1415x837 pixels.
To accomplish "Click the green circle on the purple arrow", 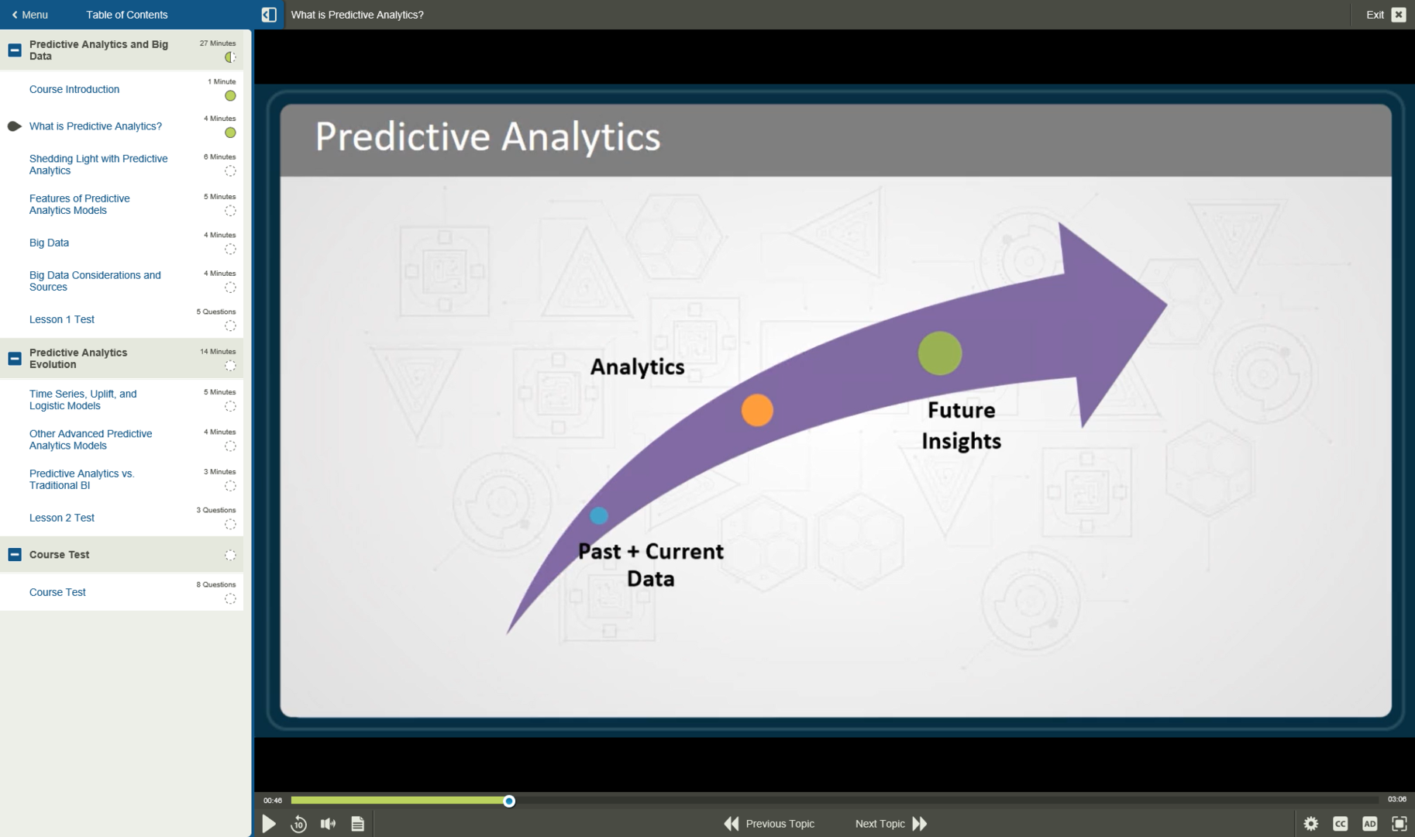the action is click(940, 353).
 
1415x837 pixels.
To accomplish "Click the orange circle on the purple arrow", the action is click(757, 410).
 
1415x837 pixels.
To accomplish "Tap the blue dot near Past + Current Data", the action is click(598, 515).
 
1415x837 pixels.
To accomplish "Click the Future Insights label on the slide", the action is click(961, 425).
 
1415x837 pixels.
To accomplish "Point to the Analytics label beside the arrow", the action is click(637, 367).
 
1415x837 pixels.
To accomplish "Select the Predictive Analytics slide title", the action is click(487, 137).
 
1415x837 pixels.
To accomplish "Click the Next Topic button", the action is click(890, 824).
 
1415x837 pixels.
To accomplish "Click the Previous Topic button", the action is click(769, 824).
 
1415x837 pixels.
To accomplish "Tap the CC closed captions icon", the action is click(1340, 824).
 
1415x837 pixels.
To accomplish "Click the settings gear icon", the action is click(1310, 824).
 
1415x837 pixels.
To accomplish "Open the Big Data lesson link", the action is click(49, 243).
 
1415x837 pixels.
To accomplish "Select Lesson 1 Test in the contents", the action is click(62, 319).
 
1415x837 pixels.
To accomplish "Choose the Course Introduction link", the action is click(74, 89).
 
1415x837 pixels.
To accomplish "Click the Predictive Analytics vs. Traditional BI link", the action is click(81, 479).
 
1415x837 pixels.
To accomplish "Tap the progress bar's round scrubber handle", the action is click(509, 801).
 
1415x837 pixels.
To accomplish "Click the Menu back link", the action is click(29, 15).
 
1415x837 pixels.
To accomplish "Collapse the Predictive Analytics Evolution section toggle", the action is click(15, 359).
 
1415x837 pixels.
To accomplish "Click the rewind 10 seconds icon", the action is click(298, 824).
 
